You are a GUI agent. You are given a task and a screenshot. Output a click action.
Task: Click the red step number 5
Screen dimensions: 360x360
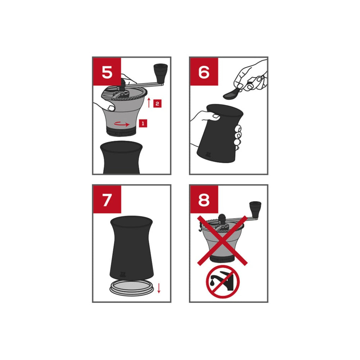107,72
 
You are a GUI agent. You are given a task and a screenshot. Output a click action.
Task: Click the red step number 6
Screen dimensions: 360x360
204,72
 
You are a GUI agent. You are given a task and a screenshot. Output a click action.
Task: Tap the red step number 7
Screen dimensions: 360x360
107,199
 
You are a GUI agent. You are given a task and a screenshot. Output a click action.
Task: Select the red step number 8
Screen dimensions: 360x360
204,199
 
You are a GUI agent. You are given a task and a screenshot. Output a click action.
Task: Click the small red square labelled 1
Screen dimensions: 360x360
143,123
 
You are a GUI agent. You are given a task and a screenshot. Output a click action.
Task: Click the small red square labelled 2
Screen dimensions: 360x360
157,104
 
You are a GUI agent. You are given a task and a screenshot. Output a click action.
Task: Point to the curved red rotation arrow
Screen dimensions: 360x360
122,124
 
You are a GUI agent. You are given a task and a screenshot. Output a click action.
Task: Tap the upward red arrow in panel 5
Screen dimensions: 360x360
149,103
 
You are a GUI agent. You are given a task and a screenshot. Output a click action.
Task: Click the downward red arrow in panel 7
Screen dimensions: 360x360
159,288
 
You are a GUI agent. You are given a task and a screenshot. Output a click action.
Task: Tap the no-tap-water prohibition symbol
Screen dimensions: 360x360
223,282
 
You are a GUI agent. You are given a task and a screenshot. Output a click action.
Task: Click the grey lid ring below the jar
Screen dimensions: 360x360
131,288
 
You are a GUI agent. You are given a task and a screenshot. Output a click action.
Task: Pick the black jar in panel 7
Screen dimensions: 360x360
131,248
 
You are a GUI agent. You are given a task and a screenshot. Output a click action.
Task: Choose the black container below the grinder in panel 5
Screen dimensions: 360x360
121,158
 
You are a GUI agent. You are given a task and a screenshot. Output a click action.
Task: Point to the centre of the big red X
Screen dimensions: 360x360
222,240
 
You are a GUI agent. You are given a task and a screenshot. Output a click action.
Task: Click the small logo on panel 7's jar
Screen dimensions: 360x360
122,274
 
